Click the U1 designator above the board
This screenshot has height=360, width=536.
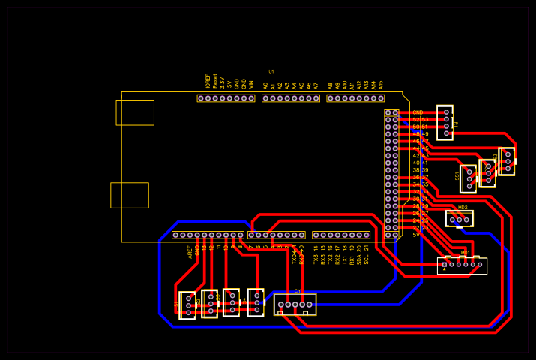tap(271, 71)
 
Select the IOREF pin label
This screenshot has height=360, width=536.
tap(208, 81)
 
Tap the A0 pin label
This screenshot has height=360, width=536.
tap(265, 85)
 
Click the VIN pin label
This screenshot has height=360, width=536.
tap(251, 85)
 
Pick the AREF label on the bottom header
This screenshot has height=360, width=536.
tap(190, 252)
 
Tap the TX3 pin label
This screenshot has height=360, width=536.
tap(316, 259)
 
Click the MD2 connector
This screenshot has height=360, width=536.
tap(459, 219)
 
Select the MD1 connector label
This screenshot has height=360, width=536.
tap(465, 253)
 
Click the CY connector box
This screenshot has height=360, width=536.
tap(295, 304)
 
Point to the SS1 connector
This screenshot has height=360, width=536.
tap(469, 178)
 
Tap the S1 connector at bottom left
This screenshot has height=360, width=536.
tap(187, 305)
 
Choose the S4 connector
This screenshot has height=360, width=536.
tap(256, 302)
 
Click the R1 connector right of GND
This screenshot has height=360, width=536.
tap(445, 122)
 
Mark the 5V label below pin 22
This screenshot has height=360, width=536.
tap(416, 235)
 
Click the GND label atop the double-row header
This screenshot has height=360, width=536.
tap(418, 112)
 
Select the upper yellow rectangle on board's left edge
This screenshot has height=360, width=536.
tap(135, 112)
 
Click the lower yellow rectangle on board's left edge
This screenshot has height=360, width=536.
tap(130, 195)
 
